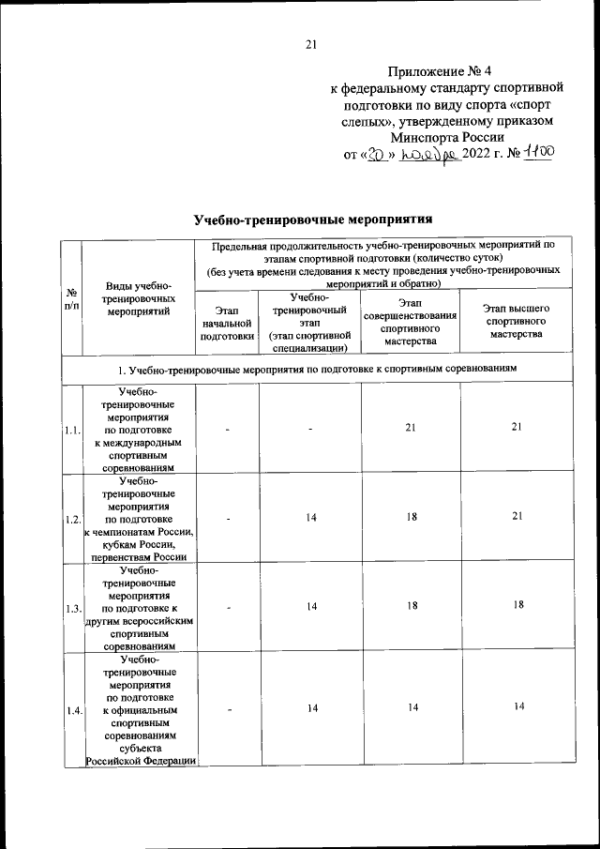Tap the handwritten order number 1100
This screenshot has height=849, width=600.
tap(538, 155)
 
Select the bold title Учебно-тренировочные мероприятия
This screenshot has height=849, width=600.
tap(312, 220)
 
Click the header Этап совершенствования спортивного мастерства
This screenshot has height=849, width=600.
tap(410, 321)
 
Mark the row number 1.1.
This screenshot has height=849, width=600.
tap(71, 430)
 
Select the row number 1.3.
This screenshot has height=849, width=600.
tap(71, 609)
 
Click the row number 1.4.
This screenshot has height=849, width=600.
tap(71, 710)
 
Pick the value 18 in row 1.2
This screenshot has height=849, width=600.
tap(410, 518)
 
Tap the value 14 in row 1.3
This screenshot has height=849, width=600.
tap(310, 607)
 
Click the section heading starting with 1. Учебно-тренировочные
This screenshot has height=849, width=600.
tap(312, 370)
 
